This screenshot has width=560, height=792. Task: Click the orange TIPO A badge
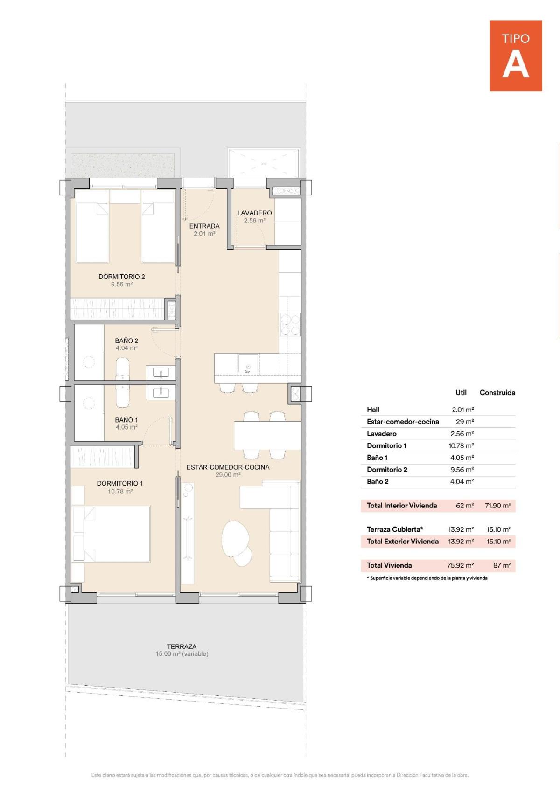(x=516, y=56)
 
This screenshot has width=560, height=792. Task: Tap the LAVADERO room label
(x=254, y=213)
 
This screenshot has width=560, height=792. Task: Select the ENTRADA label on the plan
(x=204, y=226)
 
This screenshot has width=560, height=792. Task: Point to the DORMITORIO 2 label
(x=121, y=277)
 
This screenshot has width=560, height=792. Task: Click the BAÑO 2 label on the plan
(x=126, y=341)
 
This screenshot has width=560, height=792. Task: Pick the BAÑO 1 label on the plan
(x=126, y=420)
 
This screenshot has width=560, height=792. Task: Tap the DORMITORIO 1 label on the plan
(x=120, y=483)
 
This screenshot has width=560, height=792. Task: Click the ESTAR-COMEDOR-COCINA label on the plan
(x=228, y=467)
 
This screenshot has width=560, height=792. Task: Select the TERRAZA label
(x=182, y=647)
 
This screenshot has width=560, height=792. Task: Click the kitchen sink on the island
(x=248, y=364)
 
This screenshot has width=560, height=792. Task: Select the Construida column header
(x=497, y=393)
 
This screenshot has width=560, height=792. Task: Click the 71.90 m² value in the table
(x=497, y=506)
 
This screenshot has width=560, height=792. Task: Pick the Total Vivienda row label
(x=389, y=565)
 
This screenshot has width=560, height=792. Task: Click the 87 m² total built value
(x=502, y=565)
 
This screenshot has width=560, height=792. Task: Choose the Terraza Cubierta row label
(x=395, y=529)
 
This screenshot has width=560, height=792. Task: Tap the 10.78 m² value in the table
(x=461, y=446)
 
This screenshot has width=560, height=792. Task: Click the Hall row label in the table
(x=373, y=410)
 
